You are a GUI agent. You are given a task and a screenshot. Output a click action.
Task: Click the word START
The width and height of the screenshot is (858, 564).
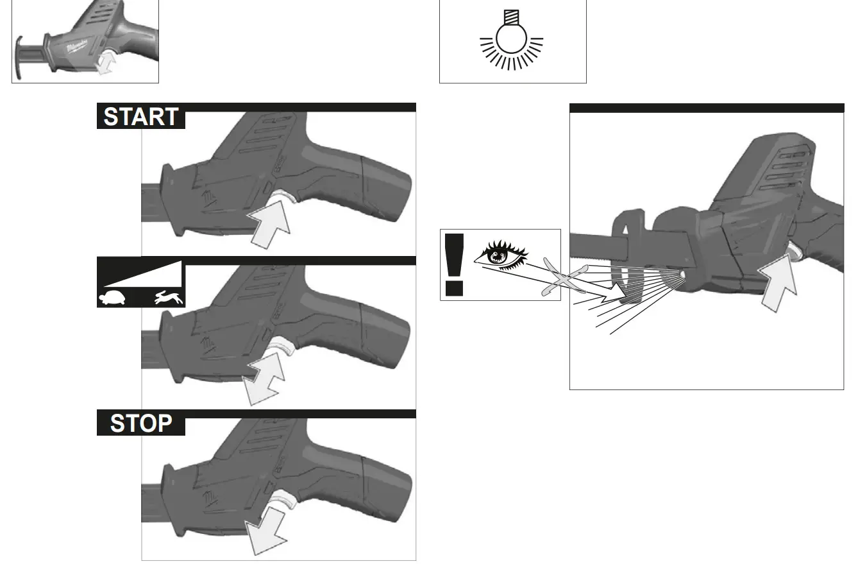141,117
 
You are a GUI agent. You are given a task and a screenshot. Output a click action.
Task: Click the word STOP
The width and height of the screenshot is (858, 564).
141,423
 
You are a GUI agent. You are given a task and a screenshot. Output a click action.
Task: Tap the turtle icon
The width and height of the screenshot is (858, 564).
112,297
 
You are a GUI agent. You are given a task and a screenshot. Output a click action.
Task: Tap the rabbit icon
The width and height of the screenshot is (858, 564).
170,297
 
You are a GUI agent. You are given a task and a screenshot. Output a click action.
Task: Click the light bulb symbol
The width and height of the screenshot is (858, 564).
512,40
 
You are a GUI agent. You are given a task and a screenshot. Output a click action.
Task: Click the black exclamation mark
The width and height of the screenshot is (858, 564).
455,264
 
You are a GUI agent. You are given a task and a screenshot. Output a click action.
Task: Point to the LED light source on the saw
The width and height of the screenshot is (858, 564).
681,275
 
